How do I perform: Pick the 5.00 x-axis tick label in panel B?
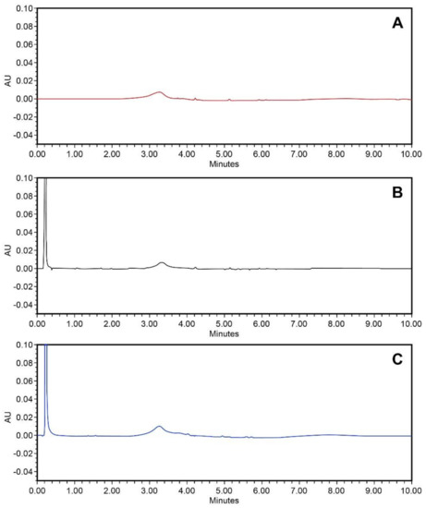pyautogui.click(x=224, y=323)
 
